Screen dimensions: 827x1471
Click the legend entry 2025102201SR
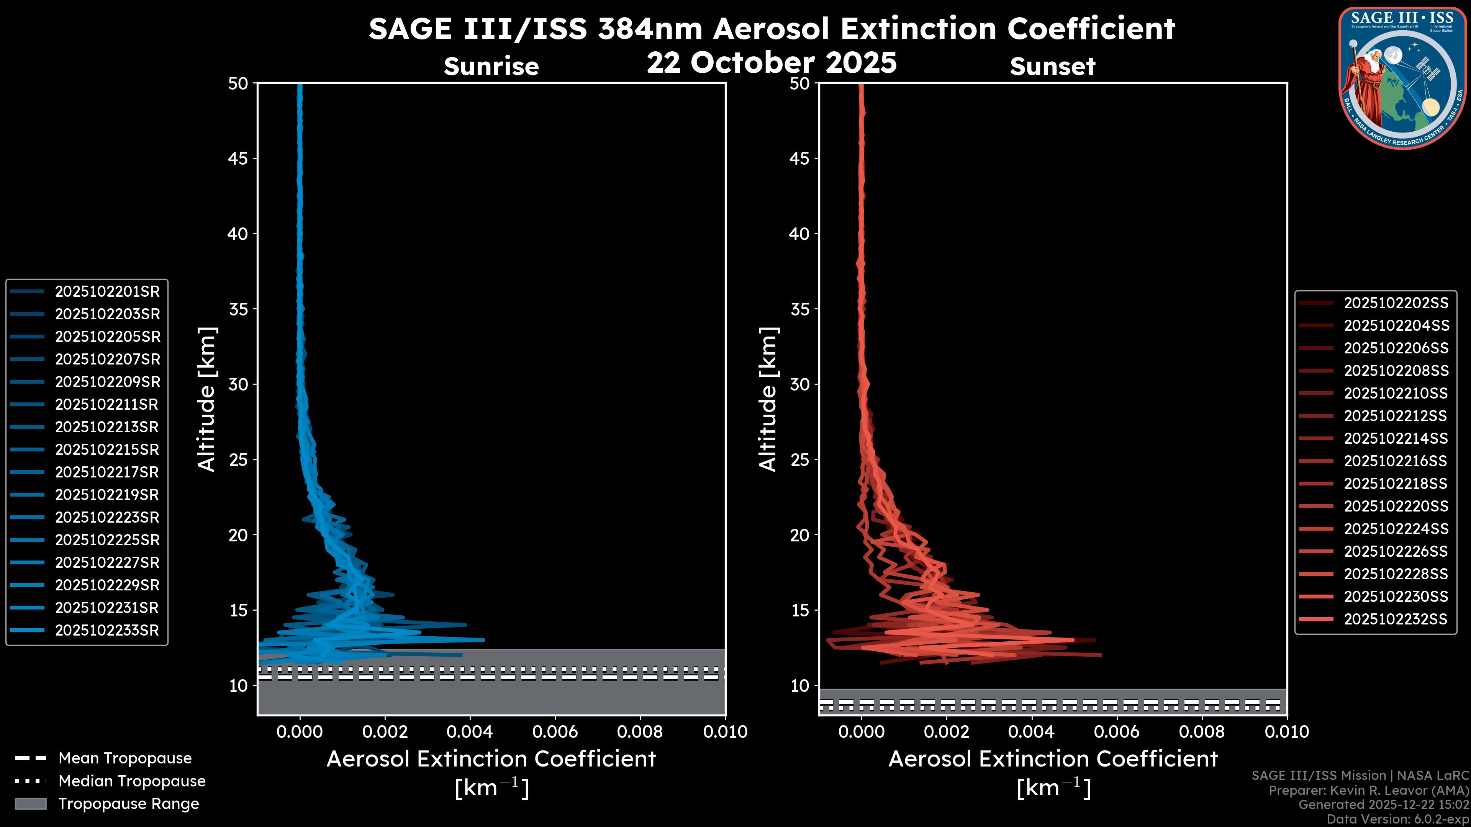coord(107,292)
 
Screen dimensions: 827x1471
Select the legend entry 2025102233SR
coord(107,631)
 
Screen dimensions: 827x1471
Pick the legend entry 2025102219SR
coord(107,495)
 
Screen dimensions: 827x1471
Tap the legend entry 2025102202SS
coord(1396,303)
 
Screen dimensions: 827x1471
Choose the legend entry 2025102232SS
coord(1396,619)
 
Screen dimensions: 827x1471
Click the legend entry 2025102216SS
coord(1396,461)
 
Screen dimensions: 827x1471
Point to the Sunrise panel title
coord(491,67)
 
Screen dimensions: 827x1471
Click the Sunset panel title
coord(1052,67)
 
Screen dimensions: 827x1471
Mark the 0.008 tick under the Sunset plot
coord(1202,732)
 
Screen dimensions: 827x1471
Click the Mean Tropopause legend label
coord(125,758)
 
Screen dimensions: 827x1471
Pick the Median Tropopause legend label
coord(132,781)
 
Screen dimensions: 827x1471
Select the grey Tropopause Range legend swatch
coord(30,804)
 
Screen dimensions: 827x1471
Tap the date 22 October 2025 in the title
coord(772,63)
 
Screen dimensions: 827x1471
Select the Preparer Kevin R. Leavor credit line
coord(1368,791)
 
